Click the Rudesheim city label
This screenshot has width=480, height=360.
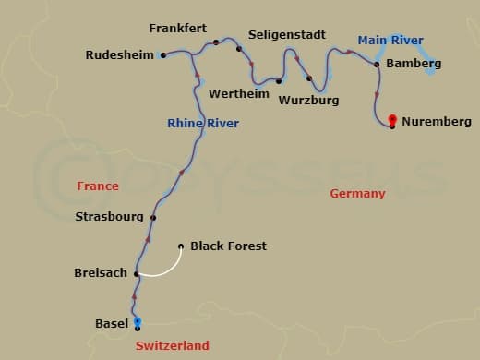point(119,55)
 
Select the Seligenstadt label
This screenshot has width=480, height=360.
point(287,35)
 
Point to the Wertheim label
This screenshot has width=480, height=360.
point(239,94)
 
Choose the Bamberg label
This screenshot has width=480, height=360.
point(414,64)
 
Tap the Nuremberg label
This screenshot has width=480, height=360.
point(437,122)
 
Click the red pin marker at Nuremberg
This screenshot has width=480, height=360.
point(393,119)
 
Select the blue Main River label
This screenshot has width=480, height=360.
point(390,41)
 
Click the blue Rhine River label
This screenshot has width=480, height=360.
point(203,124)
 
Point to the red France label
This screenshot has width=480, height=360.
point(98,186)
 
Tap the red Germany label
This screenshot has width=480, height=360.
point(357,194)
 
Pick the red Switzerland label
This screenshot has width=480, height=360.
point(173,345)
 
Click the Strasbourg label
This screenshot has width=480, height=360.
point(109,217)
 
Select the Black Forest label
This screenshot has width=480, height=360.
point(228,246)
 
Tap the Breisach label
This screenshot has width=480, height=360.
point(101,273)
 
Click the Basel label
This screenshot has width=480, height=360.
point(112,324)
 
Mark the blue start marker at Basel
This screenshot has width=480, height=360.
point(138,321)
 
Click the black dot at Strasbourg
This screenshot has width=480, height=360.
point(153,218)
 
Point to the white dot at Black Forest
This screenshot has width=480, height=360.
point(180,246)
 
